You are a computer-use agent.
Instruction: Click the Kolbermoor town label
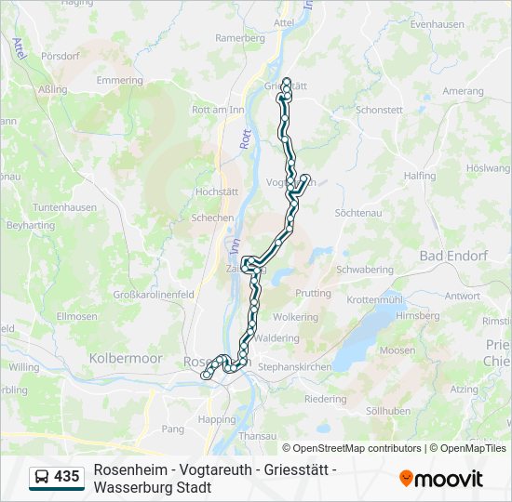125,358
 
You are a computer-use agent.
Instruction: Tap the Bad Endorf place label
453,256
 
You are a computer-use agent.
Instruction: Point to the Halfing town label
421,176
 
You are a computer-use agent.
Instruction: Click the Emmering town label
119,81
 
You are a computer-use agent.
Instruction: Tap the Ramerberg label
240,38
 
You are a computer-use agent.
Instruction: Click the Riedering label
325,399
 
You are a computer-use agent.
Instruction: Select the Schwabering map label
364,270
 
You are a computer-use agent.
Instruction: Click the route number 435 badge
66,476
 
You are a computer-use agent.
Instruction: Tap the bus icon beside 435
43,477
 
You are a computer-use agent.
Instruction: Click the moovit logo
441,478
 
